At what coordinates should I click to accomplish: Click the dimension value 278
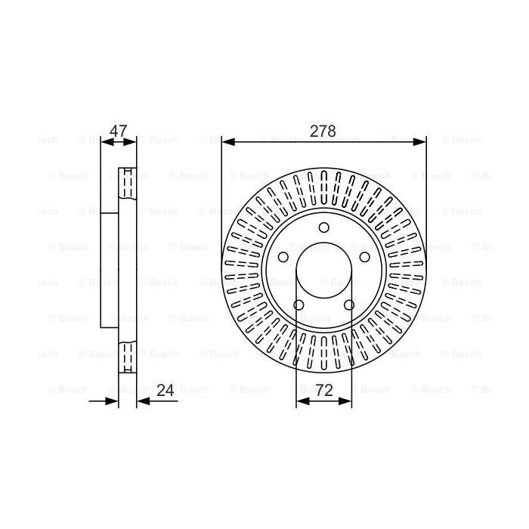[x=323, y=131]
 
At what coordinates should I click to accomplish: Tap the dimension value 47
[x=118, y=131]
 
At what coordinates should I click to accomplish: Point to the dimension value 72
[x=323, y=391]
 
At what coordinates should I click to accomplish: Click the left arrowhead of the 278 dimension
[x=226, y=141]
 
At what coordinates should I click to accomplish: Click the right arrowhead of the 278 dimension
[x=422, y=141]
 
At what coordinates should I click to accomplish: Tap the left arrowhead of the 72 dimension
[x=300, y=401]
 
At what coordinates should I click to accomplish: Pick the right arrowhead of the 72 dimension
[x=348, y=401]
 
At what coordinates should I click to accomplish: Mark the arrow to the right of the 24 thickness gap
[x=141, y=401]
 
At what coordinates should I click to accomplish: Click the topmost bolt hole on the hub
[x=323, y=228]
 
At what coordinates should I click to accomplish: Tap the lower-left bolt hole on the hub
[x=298, y=305]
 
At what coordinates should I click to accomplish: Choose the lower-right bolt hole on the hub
[x=349, y=305]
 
